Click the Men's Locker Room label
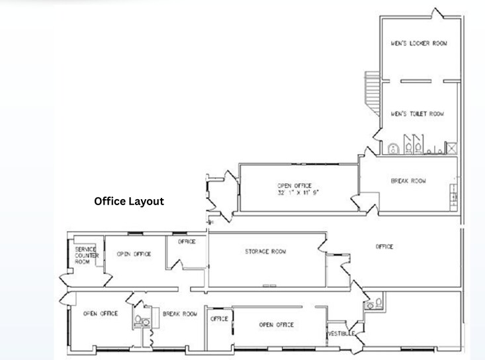419,43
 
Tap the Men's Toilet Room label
418,114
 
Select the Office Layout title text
129,201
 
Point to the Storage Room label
265,251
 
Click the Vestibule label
341,334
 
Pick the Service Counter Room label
87,255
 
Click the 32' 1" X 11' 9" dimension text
298,193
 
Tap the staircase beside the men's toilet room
372,93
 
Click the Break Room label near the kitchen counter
408,181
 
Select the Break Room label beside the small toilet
180,314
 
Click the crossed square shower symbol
452,148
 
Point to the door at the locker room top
437,14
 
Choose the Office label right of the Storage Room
384,246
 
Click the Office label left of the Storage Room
187,242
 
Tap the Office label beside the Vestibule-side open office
219,318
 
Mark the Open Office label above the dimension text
294,185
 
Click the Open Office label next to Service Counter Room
134,254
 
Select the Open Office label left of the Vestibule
277,325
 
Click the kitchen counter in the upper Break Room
453,197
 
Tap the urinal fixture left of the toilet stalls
393,149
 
